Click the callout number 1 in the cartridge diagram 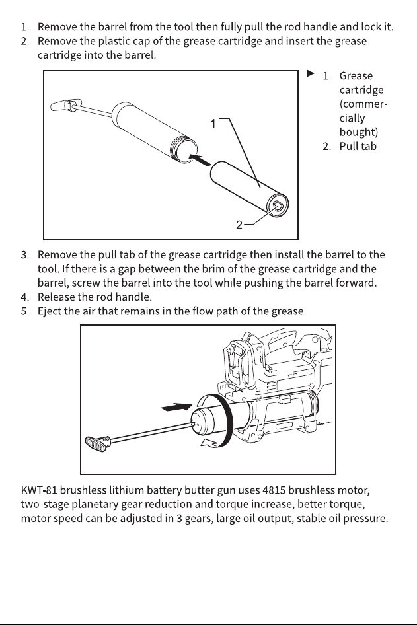(x=213, y=124)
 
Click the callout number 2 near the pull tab (x=239, y=225)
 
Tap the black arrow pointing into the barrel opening (x=200, y=159)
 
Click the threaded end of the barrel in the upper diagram (x=184, y=150)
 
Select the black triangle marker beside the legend (x=311, y=73)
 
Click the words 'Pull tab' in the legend (x=358, y=146)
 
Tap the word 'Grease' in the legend (x=356, y=76)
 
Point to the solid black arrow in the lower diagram (x=176, y=407)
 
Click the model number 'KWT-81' (x=39, y=490)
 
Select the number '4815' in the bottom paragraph (x=274, y=490)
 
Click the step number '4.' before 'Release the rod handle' (x=25, y=297)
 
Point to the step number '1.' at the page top (x=25, y=27)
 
